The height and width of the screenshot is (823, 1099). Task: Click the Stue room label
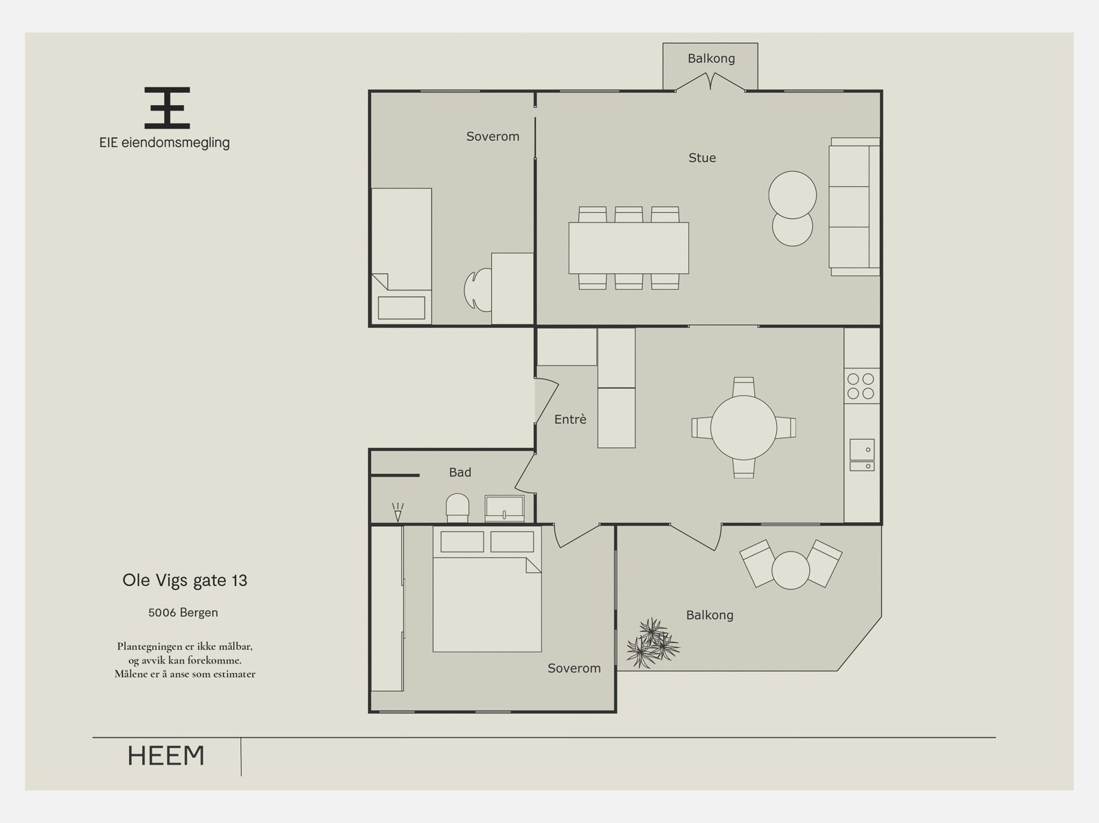(x=702, y=158)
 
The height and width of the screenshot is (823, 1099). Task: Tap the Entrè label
(x=570, y=419)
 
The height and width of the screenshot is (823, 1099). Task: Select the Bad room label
(x=460, y=472)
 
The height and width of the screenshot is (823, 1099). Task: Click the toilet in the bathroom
(x=457, y=508)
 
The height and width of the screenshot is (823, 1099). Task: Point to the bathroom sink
(x=505, y=508)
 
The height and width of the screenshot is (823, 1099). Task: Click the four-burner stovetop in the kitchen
(x=861, y=386)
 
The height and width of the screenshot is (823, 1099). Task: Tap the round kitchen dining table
(x=743, y=427)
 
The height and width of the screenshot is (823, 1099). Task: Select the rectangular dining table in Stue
(x=628, y=248)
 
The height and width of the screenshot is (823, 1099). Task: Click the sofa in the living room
(x=854, y=207)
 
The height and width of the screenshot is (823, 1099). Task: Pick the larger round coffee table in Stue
(x=793, y=194)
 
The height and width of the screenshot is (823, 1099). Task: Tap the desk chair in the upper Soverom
(x=477, y=290)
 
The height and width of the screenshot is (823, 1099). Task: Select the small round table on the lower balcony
(x=791, y=570)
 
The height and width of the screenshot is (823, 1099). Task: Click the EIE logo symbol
(x=167, y=108)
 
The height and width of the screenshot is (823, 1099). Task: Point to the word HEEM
(x=166, y=756)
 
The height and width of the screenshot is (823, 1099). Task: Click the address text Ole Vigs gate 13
(x=185, y=580)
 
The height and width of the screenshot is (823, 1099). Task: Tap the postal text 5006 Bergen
(x=183, y=612)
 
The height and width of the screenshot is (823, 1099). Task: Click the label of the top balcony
(x=711, y=58)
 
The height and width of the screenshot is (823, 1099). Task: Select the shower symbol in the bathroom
(x=398, y=512)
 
